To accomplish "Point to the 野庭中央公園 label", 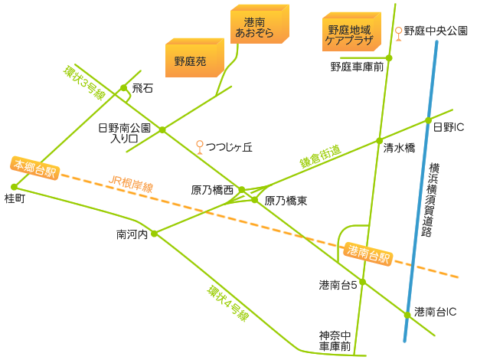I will click(435, 31).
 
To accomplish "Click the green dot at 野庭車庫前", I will click(388, 58).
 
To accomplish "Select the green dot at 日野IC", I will click(429, 120).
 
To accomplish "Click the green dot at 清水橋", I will click(378, 141).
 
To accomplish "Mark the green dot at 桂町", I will click(15, 186).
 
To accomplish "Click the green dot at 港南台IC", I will click(407, 314).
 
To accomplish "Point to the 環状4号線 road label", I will click(227, 303).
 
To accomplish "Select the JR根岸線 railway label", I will click(131, 185).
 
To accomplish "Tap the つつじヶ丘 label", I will click(229, 146).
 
